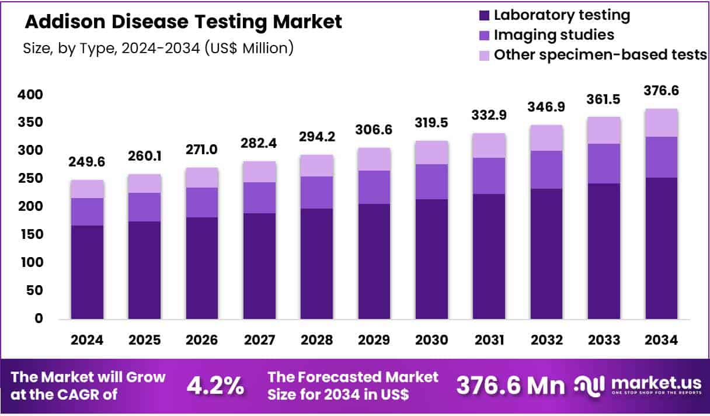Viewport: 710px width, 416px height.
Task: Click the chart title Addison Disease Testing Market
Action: pos(183,22)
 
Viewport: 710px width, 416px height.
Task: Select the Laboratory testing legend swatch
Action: pos(483,15)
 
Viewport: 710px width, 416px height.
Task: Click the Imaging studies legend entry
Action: pos(554,35)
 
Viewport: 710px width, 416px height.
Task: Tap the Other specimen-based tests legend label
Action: pos(600,55)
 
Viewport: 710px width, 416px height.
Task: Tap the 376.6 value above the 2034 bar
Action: pos(662,91)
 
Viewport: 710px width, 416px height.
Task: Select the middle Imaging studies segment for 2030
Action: pos(432,182)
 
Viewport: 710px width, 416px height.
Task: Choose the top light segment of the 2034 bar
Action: pos(662,123)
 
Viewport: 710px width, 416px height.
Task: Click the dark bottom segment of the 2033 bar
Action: pos(604,251)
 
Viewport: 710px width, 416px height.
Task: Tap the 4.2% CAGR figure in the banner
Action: pos(215,386)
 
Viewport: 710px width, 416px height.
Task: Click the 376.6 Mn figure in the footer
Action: pos(510,386)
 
